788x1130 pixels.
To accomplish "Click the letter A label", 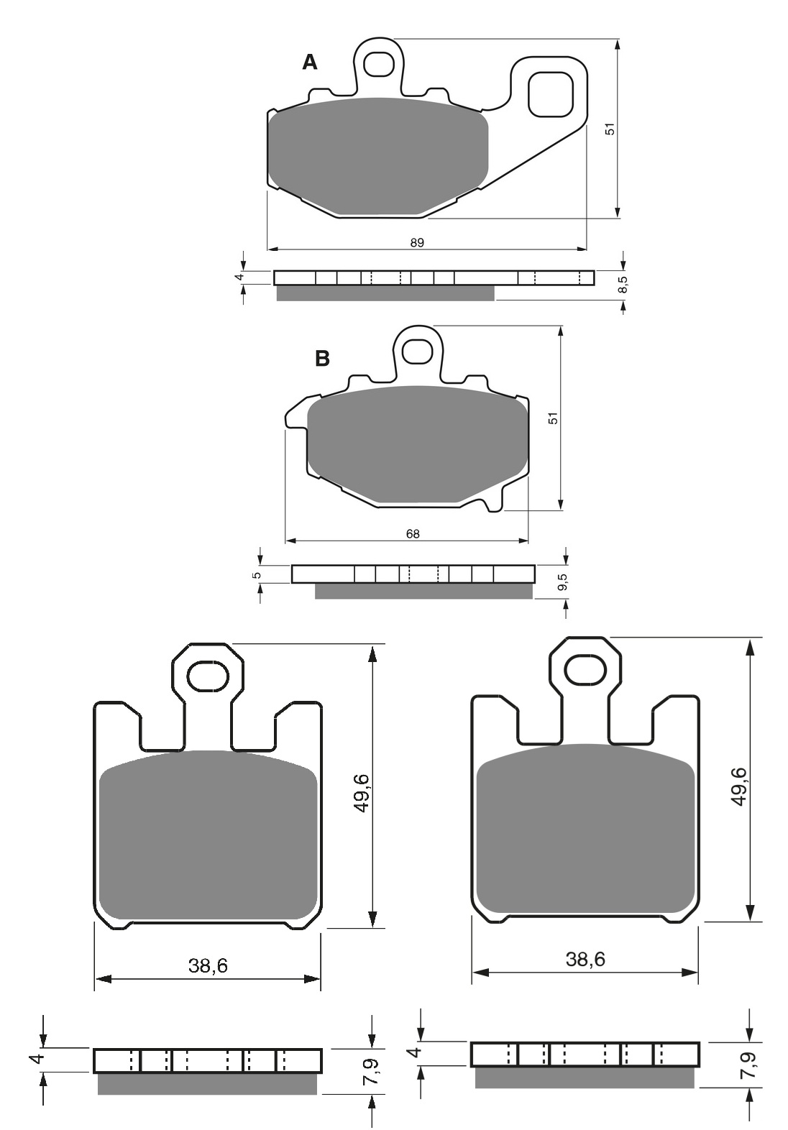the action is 310,63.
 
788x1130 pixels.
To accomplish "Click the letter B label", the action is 322,358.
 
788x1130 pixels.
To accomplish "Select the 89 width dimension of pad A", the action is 417,243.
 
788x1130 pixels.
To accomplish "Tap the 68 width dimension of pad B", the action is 413,533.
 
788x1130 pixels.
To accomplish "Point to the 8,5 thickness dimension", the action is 623,285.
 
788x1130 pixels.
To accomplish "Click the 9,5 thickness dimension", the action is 564,582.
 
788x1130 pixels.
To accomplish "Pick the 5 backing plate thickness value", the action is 256,575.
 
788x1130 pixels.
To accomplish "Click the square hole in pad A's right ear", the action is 551,94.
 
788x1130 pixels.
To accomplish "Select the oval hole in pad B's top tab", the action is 418,351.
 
